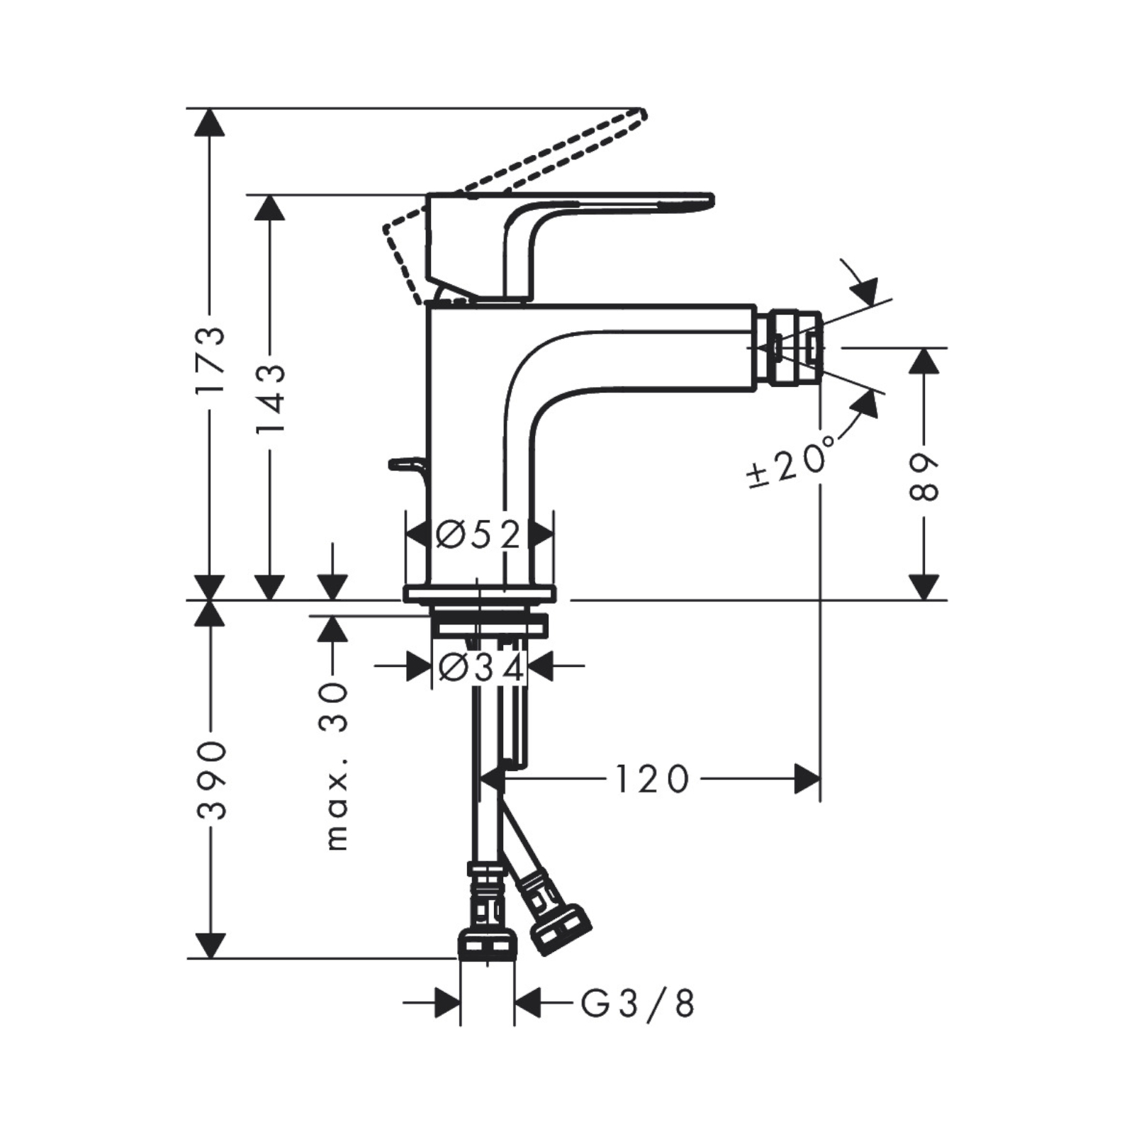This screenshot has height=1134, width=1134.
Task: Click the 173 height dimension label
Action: [x=210, y=359]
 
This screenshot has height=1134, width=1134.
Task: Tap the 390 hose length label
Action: [x=210, y=780]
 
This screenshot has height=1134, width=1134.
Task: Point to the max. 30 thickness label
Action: [x=337, y=766]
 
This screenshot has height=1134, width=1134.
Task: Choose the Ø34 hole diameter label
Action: [x=481, y=667]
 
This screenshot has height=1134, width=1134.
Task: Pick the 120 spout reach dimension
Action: [x=651, y=779]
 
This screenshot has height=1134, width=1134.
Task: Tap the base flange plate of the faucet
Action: [x=479, y=594]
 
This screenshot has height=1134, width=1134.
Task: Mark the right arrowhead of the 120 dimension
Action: [x=807, y=779]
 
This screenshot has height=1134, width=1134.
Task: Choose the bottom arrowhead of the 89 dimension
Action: [x=924, y=587]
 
